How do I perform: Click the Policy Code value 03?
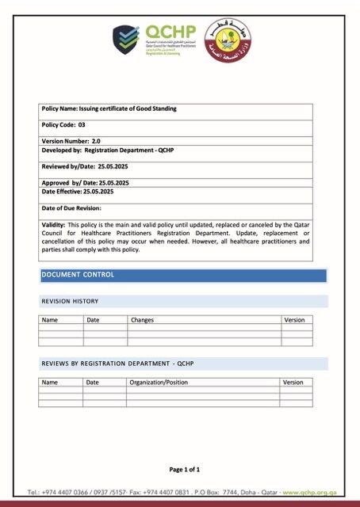point(82,125)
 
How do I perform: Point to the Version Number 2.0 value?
point(96,140)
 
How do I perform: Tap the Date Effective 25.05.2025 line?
point(78,192)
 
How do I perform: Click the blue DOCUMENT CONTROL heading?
point(78,275)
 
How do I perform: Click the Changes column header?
point(142,320)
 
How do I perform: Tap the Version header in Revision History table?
point(293,320)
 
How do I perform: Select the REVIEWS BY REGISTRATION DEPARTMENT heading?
point(117,364)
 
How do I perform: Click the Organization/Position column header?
point(159,382)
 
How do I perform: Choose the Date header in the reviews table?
point(93,382)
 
